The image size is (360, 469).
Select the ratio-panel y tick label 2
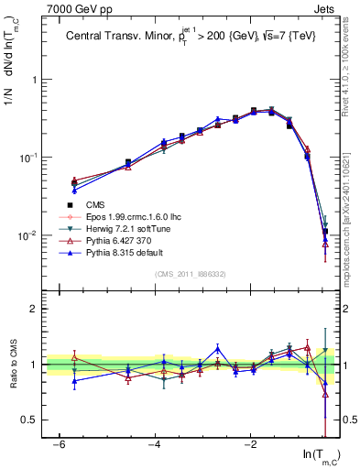click(34, 309)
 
